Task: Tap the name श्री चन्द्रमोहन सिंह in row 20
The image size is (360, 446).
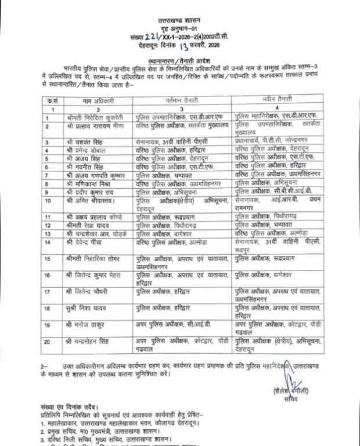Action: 90,343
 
